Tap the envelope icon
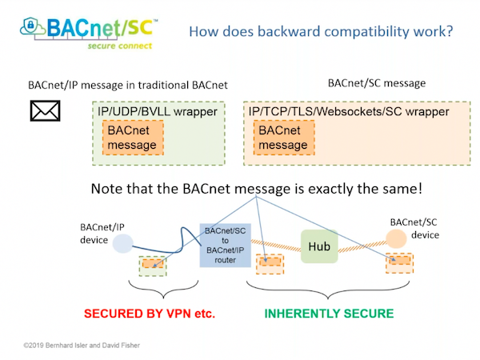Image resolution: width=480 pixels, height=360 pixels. (46, 110)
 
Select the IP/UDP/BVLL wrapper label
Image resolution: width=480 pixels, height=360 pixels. (157, 110)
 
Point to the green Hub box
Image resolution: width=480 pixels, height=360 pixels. (319, 246)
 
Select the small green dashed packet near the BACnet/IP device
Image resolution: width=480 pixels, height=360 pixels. (154, 265)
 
